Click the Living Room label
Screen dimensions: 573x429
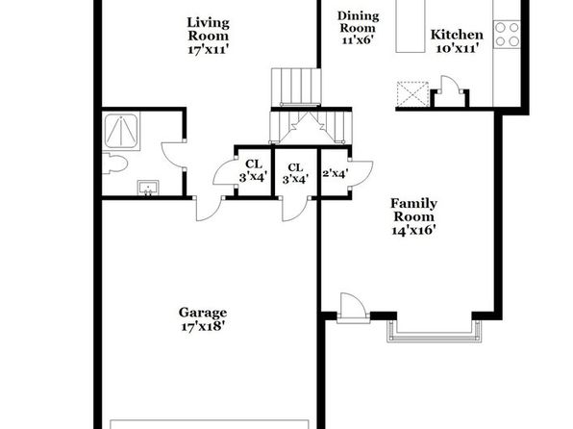pos(209,36)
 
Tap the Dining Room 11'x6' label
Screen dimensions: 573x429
pos(358,28)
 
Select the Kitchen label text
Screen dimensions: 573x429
pos(457,35)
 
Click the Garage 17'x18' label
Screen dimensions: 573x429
pos(203,319)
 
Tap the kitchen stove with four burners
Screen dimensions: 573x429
pos(507,34)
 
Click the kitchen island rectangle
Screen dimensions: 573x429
pos(411,26)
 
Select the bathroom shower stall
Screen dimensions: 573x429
pos(121,131)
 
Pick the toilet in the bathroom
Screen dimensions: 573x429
pos(114,164)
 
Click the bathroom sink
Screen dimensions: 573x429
pos(148,188)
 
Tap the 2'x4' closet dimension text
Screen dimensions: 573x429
pos(336,172)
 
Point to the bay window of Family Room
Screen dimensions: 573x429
pos(435,331)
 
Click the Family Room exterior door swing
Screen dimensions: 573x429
pos(353,307)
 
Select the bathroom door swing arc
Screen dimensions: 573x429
pos(172,154)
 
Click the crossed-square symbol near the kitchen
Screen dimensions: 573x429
pos(412,94)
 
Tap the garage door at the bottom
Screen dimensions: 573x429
pos(210,424)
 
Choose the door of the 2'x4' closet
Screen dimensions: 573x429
pos(361,173)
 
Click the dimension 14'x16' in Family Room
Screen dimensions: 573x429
pos(414,231)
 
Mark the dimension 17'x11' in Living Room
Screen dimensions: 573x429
pos(209,49)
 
